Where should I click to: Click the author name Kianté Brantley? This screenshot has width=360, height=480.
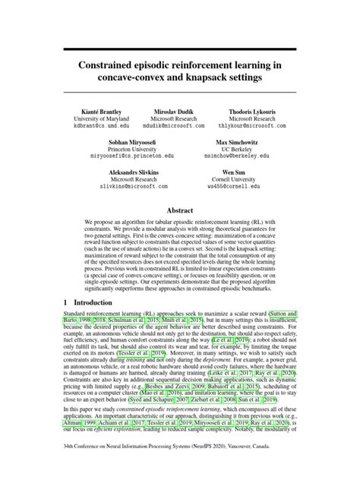pos(96,111)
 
